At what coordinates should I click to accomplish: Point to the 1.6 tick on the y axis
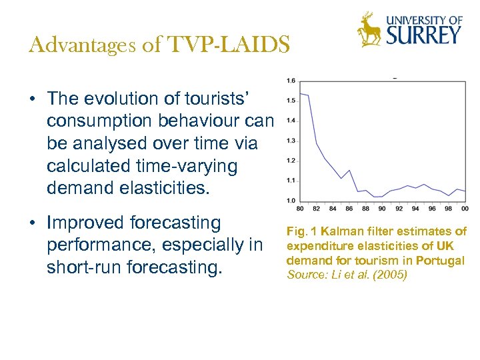pos(290,81)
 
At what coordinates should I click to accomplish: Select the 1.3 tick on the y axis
pos(290,141)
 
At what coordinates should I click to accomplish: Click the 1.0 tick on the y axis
pos(290,200)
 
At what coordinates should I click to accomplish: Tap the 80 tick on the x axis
pos(300,209)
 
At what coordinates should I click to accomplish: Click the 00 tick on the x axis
pos(465,209)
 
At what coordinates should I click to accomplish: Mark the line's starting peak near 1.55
pos(301,93)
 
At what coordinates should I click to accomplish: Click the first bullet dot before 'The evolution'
pos(33,99)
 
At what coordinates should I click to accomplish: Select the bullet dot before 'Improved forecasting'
pos(33,223)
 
